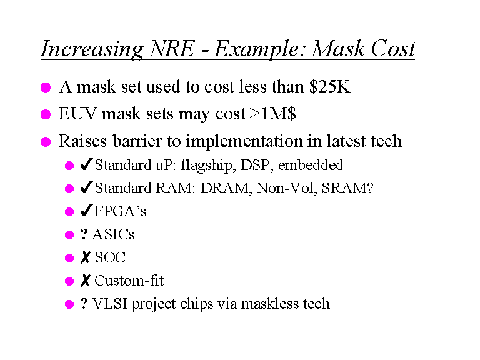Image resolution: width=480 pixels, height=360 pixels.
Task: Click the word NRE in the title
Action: tap(172, 49)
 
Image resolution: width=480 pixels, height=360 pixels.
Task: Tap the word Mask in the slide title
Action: tap(338, 49)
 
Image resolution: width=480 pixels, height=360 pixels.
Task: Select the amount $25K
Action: tap(330, 87)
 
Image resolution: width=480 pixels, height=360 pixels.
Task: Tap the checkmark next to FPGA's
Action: tap(87, 210)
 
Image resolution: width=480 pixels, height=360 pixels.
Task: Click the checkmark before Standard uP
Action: tap(87, 164)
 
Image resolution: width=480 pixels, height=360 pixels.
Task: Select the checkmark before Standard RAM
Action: tap(87, 187)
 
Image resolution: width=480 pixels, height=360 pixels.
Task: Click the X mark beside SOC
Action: tap(86, 257)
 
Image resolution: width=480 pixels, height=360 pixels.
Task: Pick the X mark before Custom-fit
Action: tap(86, 281)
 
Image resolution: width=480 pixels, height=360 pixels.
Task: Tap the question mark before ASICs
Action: tap(84, 234)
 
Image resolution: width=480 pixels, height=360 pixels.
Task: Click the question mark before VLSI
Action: tap(84, 304)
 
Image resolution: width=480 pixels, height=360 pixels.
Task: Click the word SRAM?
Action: tap(347, 188)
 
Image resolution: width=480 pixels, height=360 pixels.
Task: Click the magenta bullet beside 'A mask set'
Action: tap(46, 87)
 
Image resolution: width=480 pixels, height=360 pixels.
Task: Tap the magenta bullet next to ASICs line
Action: tap(69, 235)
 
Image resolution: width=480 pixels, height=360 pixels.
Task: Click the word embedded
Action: tap(311, 165)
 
